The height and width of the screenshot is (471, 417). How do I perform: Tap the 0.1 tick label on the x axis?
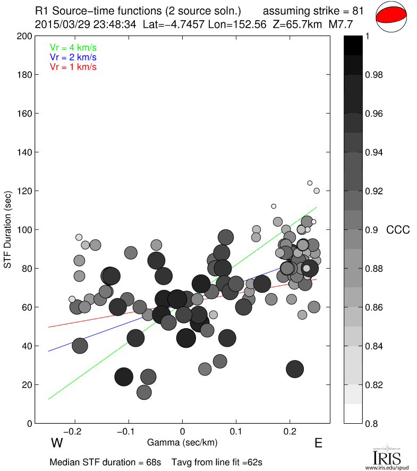pos(236,431)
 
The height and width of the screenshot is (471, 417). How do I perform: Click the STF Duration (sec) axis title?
pos(8,229)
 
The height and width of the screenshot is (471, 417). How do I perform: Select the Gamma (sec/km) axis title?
pos(182,442)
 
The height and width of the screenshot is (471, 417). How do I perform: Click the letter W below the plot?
pos(57,443)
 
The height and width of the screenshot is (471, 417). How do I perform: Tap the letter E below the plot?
pos(318,443)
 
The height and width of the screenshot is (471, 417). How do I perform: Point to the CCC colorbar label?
pos(397,230)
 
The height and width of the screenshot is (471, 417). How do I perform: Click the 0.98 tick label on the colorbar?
pos(376,75)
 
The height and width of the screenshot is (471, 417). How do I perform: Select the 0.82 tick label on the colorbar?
pos(376,385)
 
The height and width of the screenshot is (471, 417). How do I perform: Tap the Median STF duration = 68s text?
pos(105,462)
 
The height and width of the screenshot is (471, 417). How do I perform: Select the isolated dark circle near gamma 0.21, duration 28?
pos(295,369)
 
